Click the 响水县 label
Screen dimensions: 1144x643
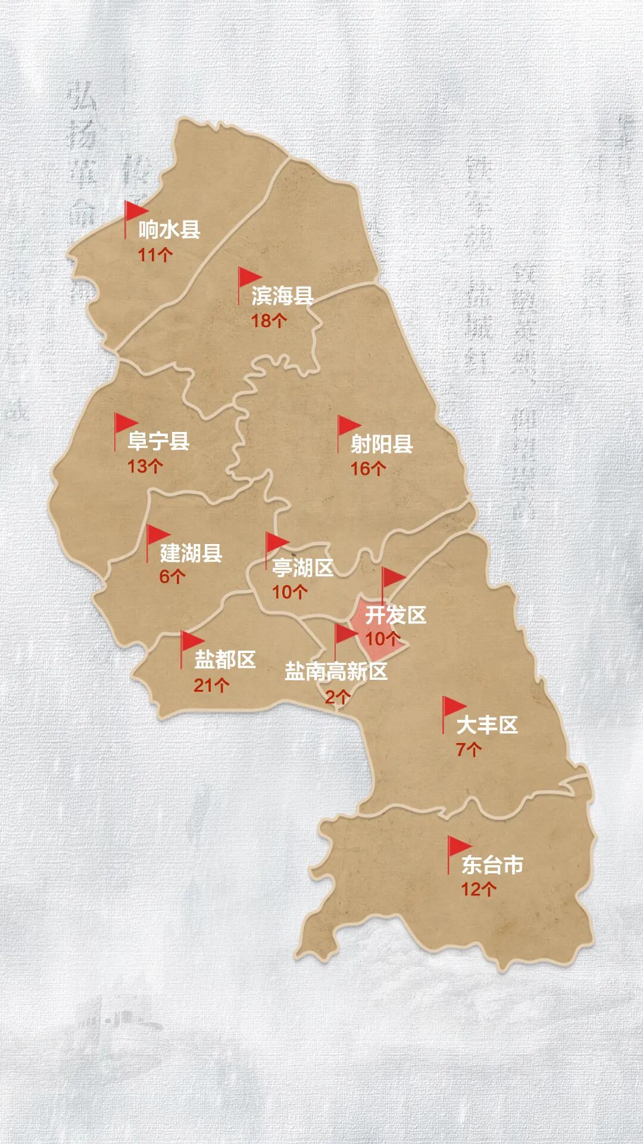click(170, 229)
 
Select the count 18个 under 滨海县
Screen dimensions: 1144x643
click(269, 321)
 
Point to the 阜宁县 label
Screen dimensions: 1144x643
click(158, 441)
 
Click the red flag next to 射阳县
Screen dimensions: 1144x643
click(348, 426)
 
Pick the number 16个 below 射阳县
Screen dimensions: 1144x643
click(368, 468)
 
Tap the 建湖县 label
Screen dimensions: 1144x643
click(191, 553)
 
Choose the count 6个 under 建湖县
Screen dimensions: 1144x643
click(173, 577)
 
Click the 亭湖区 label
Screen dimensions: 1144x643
click(302, 568)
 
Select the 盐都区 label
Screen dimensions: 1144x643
click(225, 660)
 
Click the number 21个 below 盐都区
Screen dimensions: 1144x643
click(211, 685)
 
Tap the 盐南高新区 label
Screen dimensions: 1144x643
click(336, 672)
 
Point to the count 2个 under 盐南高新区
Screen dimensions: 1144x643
click(337, 697)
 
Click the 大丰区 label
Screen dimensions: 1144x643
click(487, 725)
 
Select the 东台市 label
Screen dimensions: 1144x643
click(492, 865)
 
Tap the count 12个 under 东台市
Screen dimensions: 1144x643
click(479, 890)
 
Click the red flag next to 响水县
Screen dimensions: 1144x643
click(135, 212)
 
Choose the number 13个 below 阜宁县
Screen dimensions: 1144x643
click(145, 466)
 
